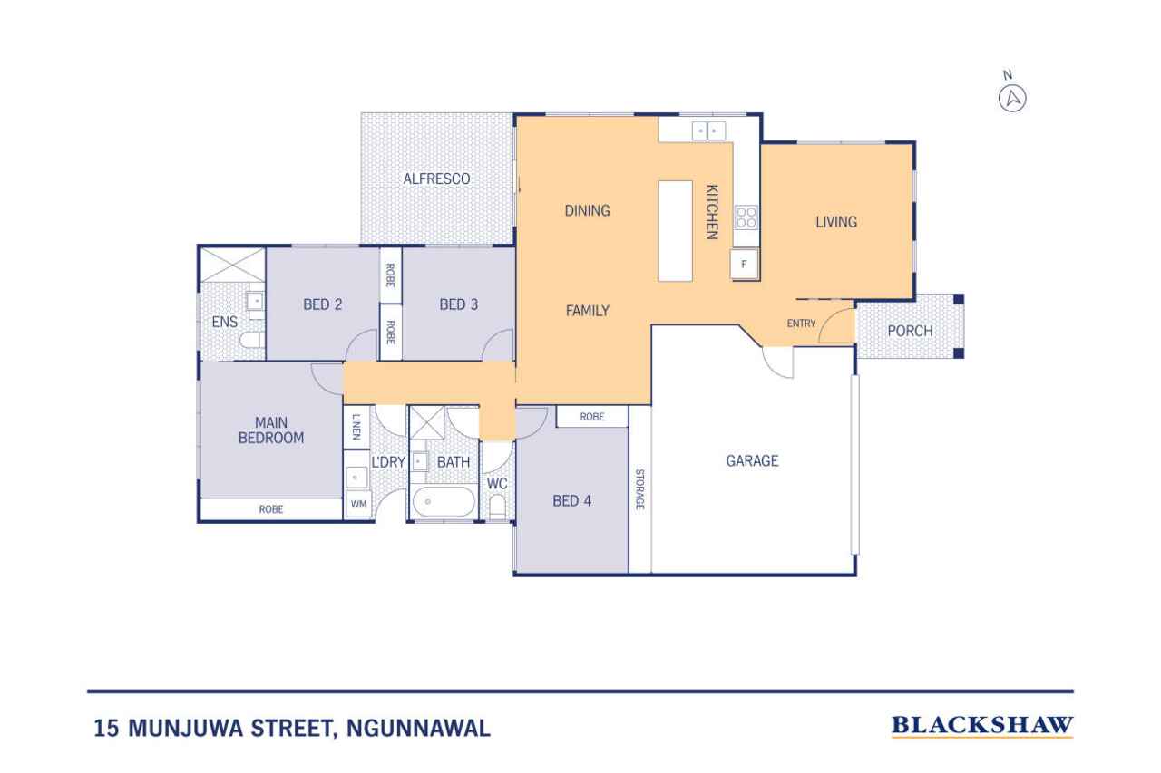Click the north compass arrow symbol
[1012, 99]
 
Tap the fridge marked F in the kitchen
[745, 264]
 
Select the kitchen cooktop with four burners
[746, 217]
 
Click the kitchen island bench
[676, 231]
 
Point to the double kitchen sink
[708, 131]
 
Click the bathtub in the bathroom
[444, 502]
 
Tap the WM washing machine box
[358, 504]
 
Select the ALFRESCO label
[436, 179]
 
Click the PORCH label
[910, 331]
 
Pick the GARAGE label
[752, 460]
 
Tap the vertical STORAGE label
[640, 489]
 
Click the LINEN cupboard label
[356, 427]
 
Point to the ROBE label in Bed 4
[592, 417]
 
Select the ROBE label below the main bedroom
[271, 509]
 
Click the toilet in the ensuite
[251, 340]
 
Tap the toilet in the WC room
[498, 507]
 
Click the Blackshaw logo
[982, 727]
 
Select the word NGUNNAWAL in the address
[418, 728]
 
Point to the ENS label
[224, 322]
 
